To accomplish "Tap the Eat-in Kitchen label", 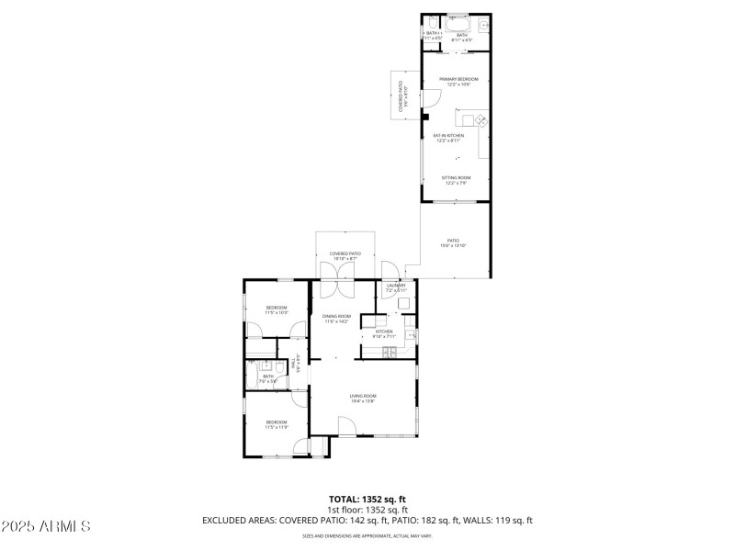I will point(449,138).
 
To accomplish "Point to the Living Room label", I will point(363,399).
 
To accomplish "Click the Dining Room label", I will point(336,318).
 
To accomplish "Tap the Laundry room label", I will point(396,287).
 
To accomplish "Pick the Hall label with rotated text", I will point(296,363).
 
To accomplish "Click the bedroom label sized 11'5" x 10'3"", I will point(276,309).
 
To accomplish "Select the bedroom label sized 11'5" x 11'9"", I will point(276,424).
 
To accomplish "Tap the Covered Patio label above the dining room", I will point(345,255).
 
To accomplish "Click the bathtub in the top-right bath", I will point(458,23).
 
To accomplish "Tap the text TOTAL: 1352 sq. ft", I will point(367,499).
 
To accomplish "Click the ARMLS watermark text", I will point(46,527).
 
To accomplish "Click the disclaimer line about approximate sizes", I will point(367,535).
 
